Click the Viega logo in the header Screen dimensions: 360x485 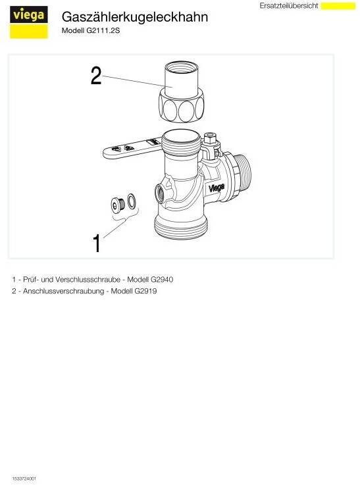pos(29,22)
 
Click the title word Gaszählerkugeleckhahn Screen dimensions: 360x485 pos(135,17)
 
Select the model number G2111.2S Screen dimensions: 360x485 pos(103,31)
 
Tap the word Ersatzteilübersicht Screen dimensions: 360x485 pos(288,5)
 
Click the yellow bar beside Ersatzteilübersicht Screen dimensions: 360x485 pos(338,6)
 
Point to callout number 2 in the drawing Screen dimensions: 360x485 pos(96,76)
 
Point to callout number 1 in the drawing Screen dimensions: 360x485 pos(97,243)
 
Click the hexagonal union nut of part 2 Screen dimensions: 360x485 pos(181,105)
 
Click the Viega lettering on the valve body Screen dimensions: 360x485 pos(217,188)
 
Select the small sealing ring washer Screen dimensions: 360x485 pos(132,201)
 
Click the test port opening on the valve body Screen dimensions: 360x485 pos(160,194)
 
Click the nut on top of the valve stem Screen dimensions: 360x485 pos(210,138)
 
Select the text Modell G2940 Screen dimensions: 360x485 pos(150,280)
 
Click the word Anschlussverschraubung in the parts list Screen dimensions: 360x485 pos(63,292)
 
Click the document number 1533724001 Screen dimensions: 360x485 pos(24,479)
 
